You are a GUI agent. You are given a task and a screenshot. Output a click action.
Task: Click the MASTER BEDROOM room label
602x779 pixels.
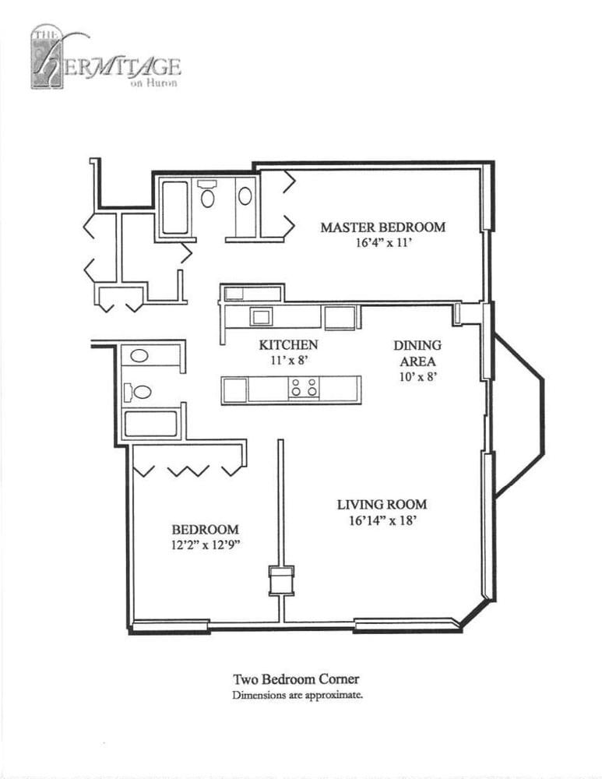click(x=382, y=227)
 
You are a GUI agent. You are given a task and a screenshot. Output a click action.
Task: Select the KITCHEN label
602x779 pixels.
click(x=288, y=345)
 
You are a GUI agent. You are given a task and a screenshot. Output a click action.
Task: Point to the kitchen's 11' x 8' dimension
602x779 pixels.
click(x=290, y=360)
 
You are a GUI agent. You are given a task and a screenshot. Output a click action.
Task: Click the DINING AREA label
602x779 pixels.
click(x=417, y=353)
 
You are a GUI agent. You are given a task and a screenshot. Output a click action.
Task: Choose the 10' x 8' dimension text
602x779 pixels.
click(x=417, y=376)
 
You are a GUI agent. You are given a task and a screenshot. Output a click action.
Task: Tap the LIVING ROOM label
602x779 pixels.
click(x=382, y=505)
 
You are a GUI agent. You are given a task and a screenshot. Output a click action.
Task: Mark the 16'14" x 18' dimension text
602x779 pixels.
click(x=382, y=520)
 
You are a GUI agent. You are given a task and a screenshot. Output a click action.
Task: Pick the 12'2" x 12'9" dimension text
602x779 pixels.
click(x=206, y=545)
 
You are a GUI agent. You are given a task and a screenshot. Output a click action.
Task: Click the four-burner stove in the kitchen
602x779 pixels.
click(x=304, y=387)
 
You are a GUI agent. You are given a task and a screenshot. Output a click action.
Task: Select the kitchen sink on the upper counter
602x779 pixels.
click(x=261, y=316)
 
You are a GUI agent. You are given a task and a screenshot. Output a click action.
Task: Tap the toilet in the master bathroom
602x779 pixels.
click(x=207, y=194)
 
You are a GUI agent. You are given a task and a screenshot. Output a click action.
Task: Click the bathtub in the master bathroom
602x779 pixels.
click(x=175, y=207)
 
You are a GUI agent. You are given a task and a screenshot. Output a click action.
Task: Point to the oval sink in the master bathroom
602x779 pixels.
click(x=245, y=196)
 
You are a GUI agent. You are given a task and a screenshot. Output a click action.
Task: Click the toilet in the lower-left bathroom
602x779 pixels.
click(x=138, y=392)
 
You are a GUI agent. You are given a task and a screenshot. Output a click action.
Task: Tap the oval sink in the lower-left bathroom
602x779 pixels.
click(x=139, y=355)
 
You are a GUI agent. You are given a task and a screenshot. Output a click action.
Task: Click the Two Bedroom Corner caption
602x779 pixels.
click(x=296, y=679)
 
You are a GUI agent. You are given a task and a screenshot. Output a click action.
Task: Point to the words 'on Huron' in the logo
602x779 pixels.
click(x=153, y=83)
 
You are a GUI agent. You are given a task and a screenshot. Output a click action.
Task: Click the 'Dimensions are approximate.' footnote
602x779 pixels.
click(x=297, y=695)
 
